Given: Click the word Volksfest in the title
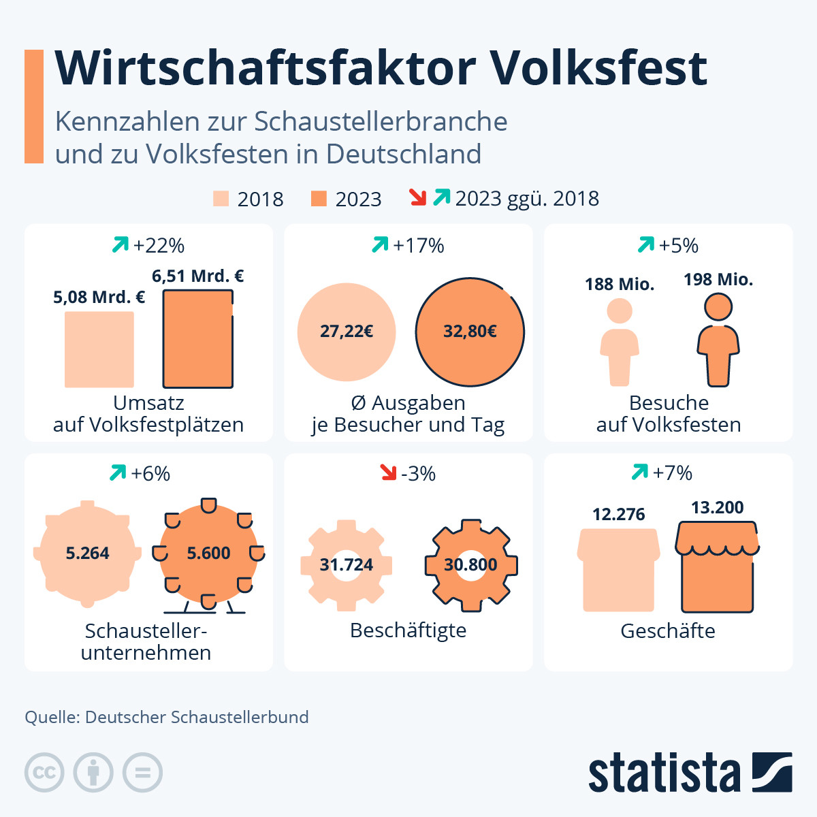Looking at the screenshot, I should pos(598,68).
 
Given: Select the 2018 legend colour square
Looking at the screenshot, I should pos(221,198).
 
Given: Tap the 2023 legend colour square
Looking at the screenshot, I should pos(319,198).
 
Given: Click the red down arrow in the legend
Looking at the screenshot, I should pos(417,197).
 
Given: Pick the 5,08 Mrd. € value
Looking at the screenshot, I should pos(99,298).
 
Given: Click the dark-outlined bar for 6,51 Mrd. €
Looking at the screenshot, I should pos(197,338).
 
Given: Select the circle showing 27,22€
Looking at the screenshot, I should pos(347,332).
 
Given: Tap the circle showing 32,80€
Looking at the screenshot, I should pos(470,332).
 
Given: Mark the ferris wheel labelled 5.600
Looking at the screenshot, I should pos(208,554).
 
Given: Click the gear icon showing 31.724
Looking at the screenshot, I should pos(347,564).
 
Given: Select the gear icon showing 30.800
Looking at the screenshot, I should pos(470,564).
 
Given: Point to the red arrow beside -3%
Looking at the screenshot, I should pos(388,472).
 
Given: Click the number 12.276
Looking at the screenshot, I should pos(618,514).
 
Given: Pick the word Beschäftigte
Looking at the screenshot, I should pos(408,630).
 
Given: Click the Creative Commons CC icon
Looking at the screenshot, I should pos(44,773).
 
